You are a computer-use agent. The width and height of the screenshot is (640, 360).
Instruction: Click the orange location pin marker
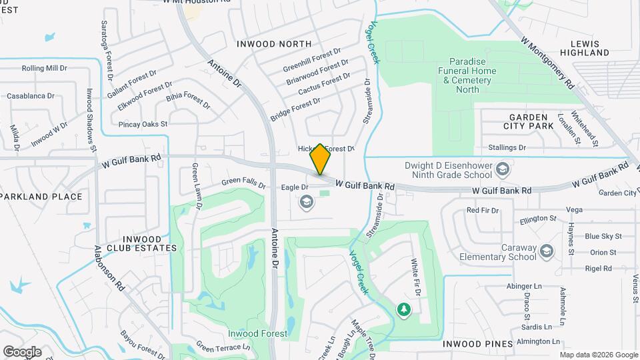tap(321, 159)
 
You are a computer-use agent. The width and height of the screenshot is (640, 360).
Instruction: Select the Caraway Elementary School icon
tap(547, 251)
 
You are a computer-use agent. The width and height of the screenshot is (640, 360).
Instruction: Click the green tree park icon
tap(403, 309)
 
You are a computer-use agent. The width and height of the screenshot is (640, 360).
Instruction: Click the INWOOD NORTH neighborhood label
tap(273, 44)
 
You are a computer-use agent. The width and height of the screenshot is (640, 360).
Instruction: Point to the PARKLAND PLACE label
tap(41, 197)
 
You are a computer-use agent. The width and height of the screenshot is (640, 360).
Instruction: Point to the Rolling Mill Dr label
tap(45, 68)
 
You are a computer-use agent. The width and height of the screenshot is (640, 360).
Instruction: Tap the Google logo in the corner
tap(22, 351)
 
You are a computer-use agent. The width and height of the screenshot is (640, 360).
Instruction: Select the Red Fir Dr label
tap(483, 210)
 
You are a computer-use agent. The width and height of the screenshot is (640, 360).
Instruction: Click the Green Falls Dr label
tap(243, 181)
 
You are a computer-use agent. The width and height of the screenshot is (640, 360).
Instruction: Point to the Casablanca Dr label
tap(32, 96)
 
